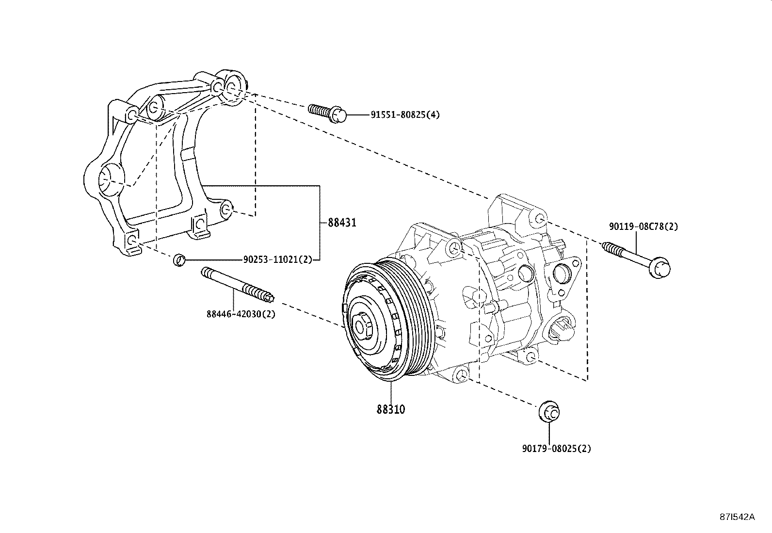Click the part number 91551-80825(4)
(x=405, y=115)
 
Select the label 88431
(x=342, y=223)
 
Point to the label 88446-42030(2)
(x=241, y=314)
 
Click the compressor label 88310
(x=390, y=409)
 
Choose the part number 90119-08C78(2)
(x=643, y=226)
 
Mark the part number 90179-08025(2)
(x=556, y=449)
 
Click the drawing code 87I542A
(x=737, y=517)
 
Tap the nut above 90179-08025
(x=549, y=411)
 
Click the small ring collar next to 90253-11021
(x=179, y=260)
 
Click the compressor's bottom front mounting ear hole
(x=462, y=375)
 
